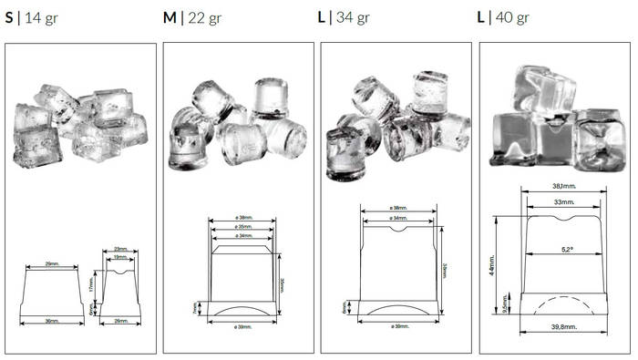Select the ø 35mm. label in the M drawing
[242, 227]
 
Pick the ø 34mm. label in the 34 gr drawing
[398, 218]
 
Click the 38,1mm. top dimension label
[563, 187]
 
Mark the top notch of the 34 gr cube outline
[398, 231]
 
